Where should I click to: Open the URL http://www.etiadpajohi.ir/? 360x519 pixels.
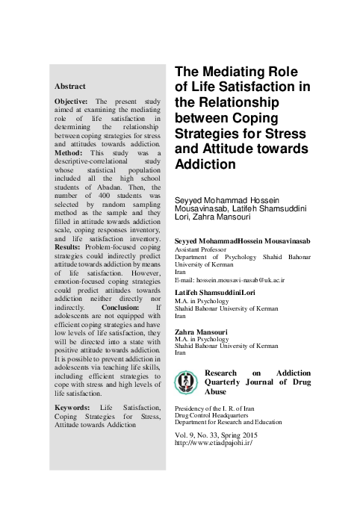point(211,442)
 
